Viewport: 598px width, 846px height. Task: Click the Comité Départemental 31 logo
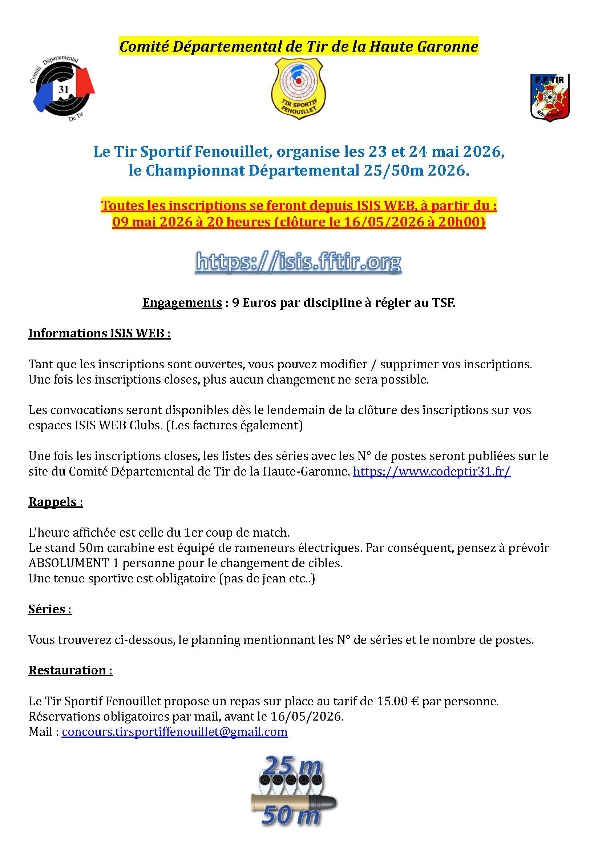coord(63,89)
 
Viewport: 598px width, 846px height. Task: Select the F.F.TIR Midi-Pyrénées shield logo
coord(549,97)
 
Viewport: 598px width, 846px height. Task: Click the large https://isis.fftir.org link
coord(299,262)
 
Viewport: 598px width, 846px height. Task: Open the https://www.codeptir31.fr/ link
coord(432,471)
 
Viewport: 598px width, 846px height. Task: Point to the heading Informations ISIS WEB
coord(100,333)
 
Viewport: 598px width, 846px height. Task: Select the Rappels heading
coord(56,502)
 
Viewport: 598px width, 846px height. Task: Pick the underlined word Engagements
coord(182,302)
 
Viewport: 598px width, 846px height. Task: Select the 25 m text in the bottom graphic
coord(292,767)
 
